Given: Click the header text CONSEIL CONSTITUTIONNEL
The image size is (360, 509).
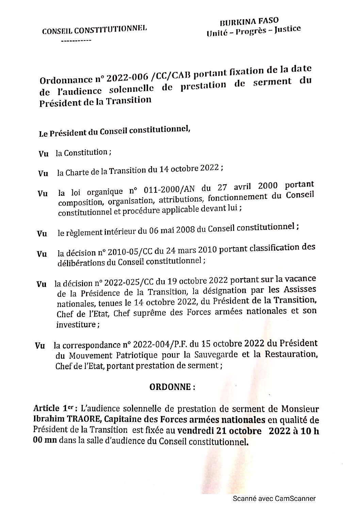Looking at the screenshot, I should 94,30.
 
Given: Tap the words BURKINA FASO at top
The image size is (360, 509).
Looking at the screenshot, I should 250,22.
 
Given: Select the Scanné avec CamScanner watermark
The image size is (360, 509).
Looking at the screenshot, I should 274,498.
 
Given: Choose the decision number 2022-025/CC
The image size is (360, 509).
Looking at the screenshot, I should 132,282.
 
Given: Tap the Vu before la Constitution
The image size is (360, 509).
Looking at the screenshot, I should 43,154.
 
